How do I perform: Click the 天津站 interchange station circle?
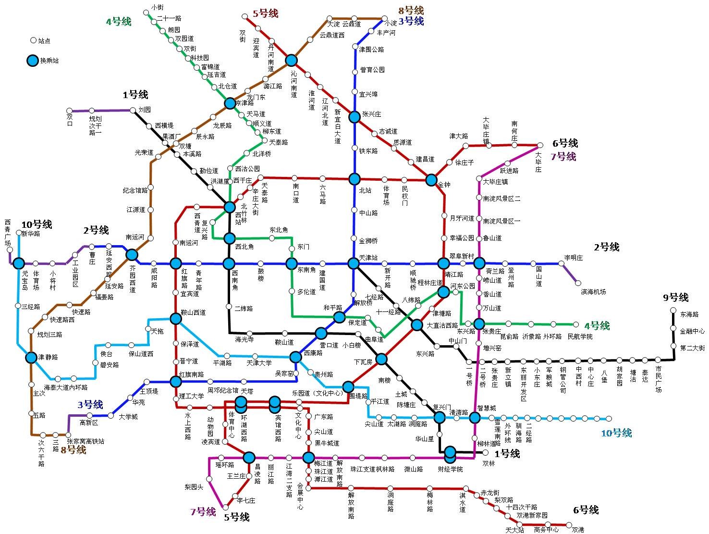point(354,263)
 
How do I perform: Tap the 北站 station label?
point(365,190)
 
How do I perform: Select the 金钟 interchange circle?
point(431,179)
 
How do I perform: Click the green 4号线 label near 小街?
point(118,22)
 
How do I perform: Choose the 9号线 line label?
point(676,298)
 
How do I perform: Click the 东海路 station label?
point(689,314)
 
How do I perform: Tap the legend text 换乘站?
point(49,61)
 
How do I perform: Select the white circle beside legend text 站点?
point(33,41)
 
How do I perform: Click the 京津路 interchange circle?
point(230,103)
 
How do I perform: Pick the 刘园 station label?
point(145,110)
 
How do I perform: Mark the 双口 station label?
point(70,120)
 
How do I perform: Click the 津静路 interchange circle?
point(31,357)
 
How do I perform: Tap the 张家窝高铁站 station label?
point(86,441)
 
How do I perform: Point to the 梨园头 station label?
point(194,487)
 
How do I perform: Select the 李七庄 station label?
point(246,500)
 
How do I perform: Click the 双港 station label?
point(578,530)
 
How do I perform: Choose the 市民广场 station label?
point(658,380)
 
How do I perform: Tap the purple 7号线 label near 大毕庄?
point(563,156)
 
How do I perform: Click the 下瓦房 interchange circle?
point(381,359)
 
